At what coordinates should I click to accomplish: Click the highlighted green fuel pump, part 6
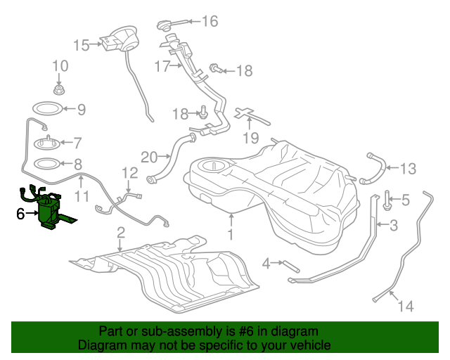tap(49, 210)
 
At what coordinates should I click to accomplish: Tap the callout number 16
tap(210, 21)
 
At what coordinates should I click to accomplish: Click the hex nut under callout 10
tap(59, 90)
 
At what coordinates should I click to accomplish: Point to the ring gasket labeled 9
tap(47, 108)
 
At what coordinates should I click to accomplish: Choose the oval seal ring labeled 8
tap(47, 164)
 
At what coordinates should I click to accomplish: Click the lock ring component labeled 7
tap(47, 143)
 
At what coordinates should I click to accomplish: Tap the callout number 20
tap(149, 157)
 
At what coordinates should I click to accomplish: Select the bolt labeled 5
tap(387, 200)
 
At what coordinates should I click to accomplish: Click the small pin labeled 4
tap(291, 266)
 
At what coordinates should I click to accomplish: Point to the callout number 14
tap(406, 306)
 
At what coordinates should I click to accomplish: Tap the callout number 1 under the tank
tap(231, 234)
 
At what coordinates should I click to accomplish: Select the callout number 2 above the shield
tap(121, 232)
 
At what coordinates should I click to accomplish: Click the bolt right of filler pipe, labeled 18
tap(216, 69)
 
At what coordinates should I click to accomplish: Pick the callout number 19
tap(251, 138)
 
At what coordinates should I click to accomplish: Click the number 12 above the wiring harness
tap(129, 173)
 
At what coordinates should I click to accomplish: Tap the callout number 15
tap(82, 45)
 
